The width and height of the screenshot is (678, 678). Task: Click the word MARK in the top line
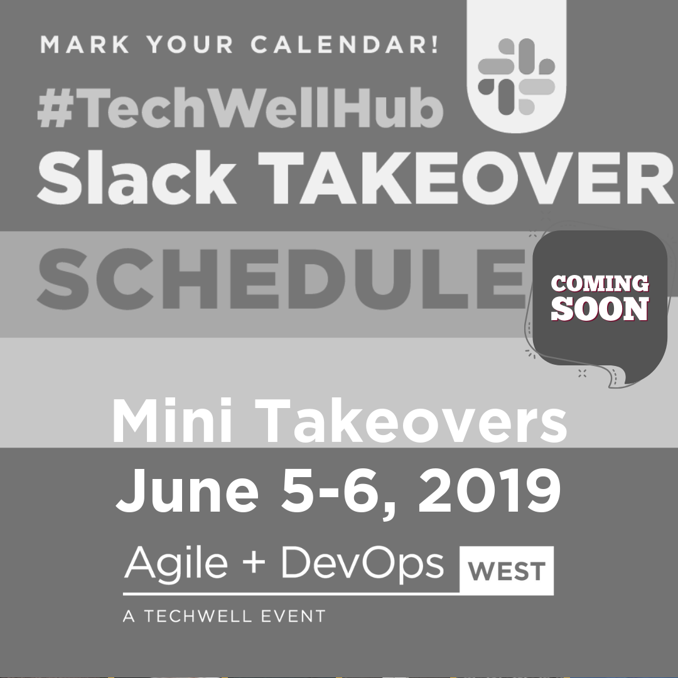click(x=85, y=45)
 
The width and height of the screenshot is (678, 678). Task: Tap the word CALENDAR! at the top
click(x=345, y=45)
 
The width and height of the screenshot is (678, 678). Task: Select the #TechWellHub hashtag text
click(x=240, y=108)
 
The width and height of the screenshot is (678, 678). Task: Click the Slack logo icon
click(x=516, y=77)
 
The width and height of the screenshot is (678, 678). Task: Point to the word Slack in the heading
click(x=137, y=177)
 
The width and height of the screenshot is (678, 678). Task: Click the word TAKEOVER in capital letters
click(x=465, y=178)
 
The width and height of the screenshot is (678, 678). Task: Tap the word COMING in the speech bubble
click(x=600, y=284)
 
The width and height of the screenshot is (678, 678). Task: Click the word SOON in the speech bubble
click(x=600, y=309)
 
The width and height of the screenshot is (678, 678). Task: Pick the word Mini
click(x=171, y=421)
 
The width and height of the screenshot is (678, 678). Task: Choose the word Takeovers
click(x=411, y=421)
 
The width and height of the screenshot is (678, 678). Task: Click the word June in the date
click(x=187, y=490)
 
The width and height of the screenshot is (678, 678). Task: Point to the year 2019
click(x=489, y=490)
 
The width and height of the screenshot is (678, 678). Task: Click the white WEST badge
click(x=507, y=570)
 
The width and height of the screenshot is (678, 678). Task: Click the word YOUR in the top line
click(x=190, y=45)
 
